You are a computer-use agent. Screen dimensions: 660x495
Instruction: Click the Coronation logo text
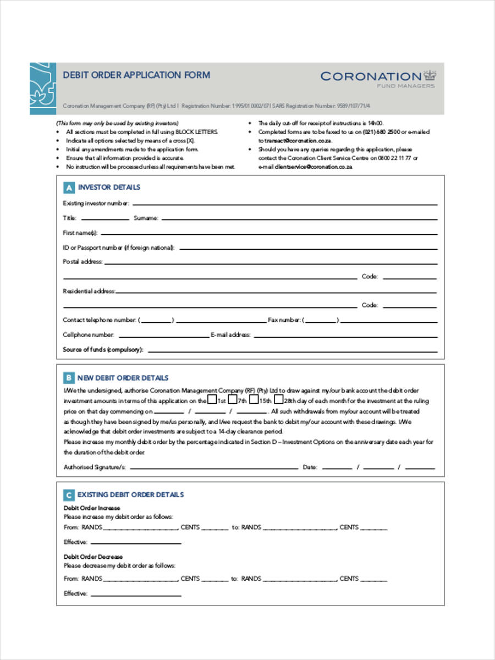point(371,76)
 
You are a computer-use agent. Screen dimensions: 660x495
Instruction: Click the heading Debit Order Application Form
point(136,75)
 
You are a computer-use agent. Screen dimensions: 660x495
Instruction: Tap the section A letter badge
point(69,188)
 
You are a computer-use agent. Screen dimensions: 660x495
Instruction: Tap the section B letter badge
point(69,378)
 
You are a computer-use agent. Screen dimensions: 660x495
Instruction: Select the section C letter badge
point(69,494)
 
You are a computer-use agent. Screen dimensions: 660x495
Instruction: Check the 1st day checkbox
point(212,400)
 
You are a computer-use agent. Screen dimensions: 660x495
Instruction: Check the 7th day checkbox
point(233,400)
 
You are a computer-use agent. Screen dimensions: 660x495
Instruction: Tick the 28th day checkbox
point(279,400)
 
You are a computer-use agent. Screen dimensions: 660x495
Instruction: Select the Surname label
point(146,218)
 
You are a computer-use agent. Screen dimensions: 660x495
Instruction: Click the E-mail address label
point(230,334)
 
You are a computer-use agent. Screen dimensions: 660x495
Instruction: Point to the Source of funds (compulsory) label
point(103,349)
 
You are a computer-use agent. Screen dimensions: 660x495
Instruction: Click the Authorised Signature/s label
point(95,467)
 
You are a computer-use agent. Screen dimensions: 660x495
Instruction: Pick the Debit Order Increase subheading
point(92,508)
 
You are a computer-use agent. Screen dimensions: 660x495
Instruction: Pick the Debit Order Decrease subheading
point(94,557)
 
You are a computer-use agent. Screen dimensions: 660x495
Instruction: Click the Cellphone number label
point(89,334)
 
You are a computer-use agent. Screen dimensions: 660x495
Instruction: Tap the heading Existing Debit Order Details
point(130,494)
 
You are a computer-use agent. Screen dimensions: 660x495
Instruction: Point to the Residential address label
point(89,291)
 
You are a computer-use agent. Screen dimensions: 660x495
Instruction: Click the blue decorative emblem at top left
point(43,88)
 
